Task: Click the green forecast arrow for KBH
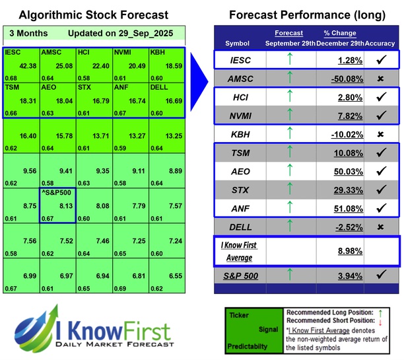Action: [x=288, y=134]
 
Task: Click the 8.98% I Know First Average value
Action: [x=349, y=250]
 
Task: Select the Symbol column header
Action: [x=238, y=43]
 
